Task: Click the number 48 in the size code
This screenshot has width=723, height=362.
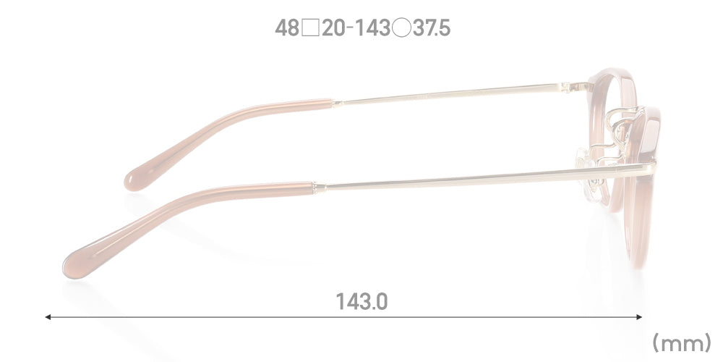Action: pos(287,29)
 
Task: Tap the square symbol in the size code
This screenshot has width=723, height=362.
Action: pos(311,29)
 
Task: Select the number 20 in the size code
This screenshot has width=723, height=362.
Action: pos(334,29)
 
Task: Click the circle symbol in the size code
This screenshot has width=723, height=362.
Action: pos(401,29)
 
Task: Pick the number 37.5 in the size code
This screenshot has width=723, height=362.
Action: pos(432,29)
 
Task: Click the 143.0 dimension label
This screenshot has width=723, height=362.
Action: pos(361,302)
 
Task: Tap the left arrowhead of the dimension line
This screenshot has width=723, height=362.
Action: pos(47,317)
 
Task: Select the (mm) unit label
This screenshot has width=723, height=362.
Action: pos(682,344)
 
